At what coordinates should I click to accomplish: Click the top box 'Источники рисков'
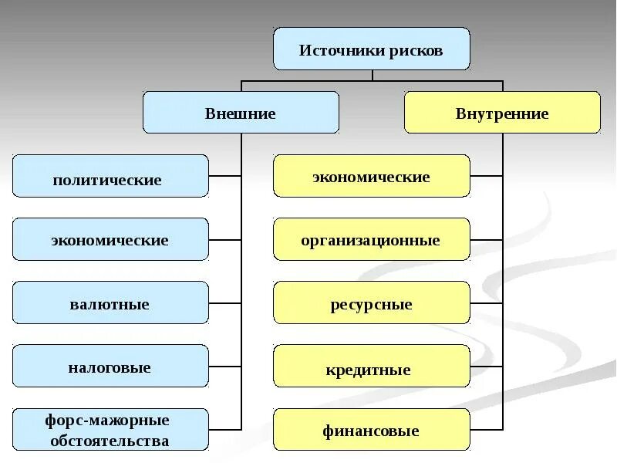[371, 49]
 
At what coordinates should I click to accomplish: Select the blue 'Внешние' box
[241, 113]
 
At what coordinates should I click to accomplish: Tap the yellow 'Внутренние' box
[502, 113]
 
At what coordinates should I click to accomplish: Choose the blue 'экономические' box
[110, 239]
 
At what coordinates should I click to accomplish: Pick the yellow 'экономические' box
[371, 176]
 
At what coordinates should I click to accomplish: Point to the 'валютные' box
[110, 302]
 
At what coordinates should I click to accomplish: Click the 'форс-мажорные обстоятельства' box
[110, 430]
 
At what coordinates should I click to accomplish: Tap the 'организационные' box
[371, 239]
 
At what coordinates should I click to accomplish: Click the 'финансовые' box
[371, 430]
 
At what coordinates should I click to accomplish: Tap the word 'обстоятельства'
[109, 441]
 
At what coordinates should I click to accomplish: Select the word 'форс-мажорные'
[109, 421]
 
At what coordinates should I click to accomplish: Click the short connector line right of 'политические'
[224, 176]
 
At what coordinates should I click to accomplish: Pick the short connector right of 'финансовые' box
[486, 429]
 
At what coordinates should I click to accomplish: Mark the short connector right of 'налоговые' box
[224, 366]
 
